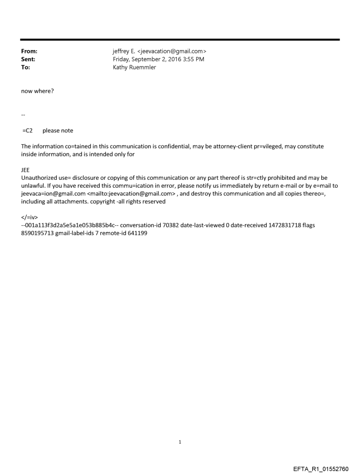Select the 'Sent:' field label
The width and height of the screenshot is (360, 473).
(28, 60)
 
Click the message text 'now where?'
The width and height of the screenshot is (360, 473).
(37, 91)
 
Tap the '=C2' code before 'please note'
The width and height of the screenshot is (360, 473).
(27, 130)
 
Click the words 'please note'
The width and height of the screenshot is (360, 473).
(58, 130)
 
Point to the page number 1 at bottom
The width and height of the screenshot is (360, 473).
(180, 442)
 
